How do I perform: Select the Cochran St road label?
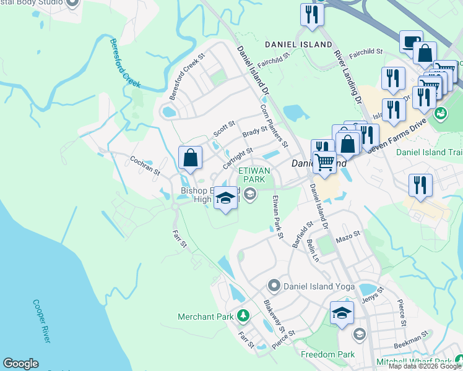(x=145, y=165)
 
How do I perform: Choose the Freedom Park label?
(x=328, y=354)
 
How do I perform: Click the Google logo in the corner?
(x=20, y=364)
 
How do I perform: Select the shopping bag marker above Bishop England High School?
(x=191, y=158)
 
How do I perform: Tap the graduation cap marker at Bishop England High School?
(x=225, y=198)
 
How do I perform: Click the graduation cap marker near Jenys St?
(x=341, y=312)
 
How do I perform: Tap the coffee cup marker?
(x=411, y=42)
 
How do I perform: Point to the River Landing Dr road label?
(x=348, y=68)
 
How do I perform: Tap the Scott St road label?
(x=224, y=129)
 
